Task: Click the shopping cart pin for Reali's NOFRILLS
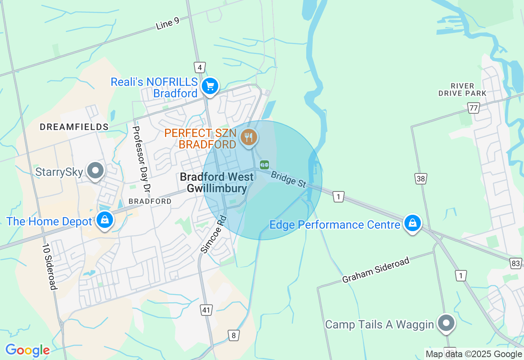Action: click(x=210, y=86)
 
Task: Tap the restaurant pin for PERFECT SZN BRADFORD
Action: click(x=248, y=137)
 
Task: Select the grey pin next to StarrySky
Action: click(x=96, y=170)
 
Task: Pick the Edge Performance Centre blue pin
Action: click(x=413, y=223)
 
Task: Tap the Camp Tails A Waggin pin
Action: click(x=446, y=323)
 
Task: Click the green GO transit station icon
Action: click(x=264, y=164)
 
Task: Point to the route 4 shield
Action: click(x=200, y=67)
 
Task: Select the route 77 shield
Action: click(x=474, y=108)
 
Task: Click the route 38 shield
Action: click(x=420, y=179)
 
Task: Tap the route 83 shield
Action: click(x=516, y=263)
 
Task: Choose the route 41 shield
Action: click(x=206, y=310)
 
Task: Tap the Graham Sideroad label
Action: click(x=375, y=270)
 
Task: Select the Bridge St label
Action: click(x=289, y=179)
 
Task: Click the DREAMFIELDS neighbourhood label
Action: click(x=74, y=127)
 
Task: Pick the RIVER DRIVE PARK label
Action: click(x=462, y=90)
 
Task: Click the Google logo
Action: click(x=27, y=350)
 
